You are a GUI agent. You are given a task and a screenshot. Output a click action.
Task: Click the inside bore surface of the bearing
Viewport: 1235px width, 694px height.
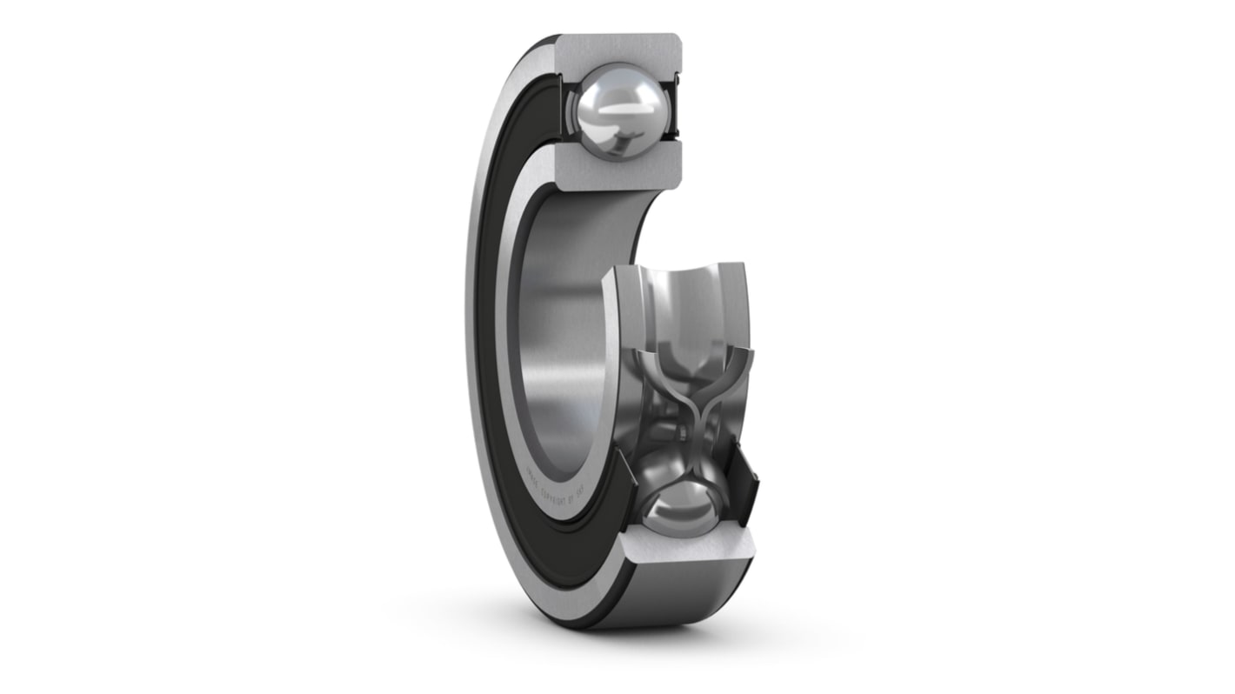tap(557, 330)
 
